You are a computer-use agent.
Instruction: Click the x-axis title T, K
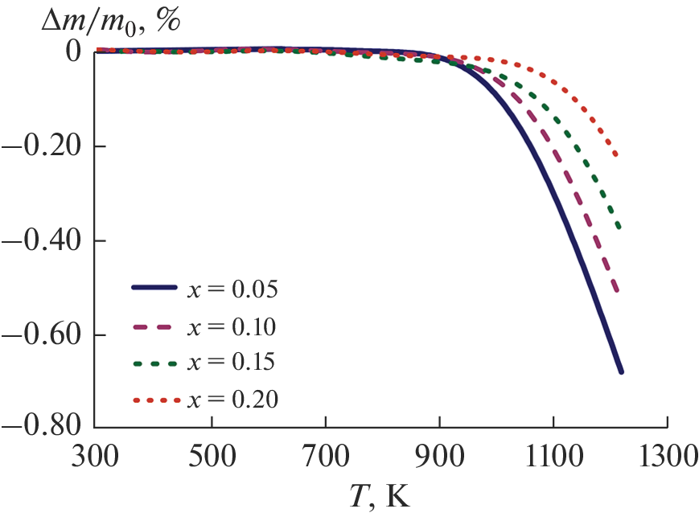click(381, 495)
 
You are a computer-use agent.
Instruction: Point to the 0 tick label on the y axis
click(73, 51)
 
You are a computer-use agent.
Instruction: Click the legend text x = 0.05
click(232, 289)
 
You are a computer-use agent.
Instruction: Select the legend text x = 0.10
click(232, 326)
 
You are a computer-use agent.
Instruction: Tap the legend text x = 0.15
click(232, 362)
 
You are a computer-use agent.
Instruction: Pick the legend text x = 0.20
click(232, 398)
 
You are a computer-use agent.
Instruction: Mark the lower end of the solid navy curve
click(621, 372)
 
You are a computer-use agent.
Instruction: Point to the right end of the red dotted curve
click(617, 155)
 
